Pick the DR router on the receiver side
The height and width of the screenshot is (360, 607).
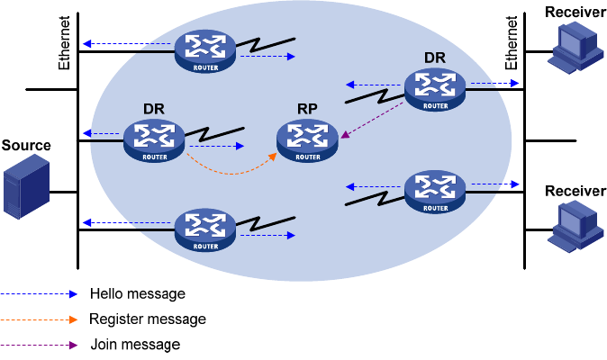click(x=434, y=89)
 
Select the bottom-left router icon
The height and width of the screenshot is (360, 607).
click(x=205, y=229)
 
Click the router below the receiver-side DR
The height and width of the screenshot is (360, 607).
click(x=434, y=191)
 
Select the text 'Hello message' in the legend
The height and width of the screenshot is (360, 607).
click(x=137, y=293)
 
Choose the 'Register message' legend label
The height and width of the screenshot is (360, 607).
click(x=148, y=319)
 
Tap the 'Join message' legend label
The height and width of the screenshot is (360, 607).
click(x=135, y=345)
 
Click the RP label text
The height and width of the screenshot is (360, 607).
click(x=307, y=110)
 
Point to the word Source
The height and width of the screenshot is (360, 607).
click(x=26, y=145)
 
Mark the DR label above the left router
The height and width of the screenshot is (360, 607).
click(x=153, y=110)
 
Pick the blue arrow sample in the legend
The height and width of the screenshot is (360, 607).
click(x=40, y=293)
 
